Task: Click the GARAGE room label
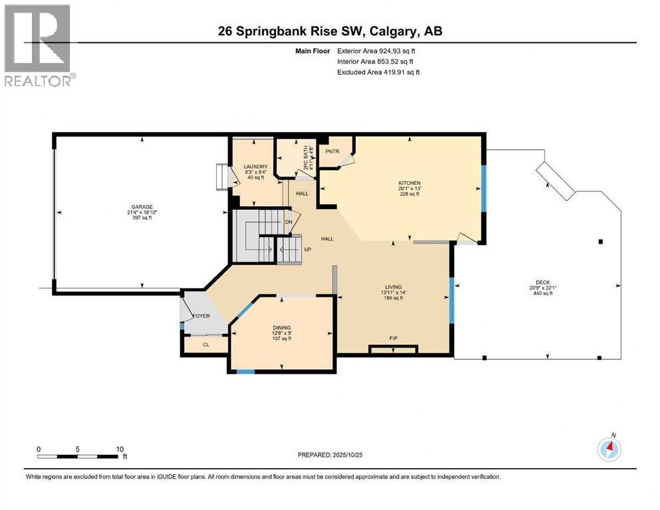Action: click(x=137, y=206)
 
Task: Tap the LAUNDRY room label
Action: click(x=255, y=167)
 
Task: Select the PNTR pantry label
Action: click(x=332, y=151)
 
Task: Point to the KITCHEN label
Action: click(x=409, y=183)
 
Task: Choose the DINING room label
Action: click(x=282, y=326)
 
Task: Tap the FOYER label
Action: click(x=201, y=315)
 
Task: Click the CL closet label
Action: click(x=205, y=345)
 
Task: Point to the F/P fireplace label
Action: click(x=393, y=339)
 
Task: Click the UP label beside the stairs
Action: click(x=307, y=250)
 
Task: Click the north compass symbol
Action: click(x=609, y=449)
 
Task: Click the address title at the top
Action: click(x=330, y=31)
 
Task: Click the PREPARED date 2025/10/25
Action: click(x=330, y=455)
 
